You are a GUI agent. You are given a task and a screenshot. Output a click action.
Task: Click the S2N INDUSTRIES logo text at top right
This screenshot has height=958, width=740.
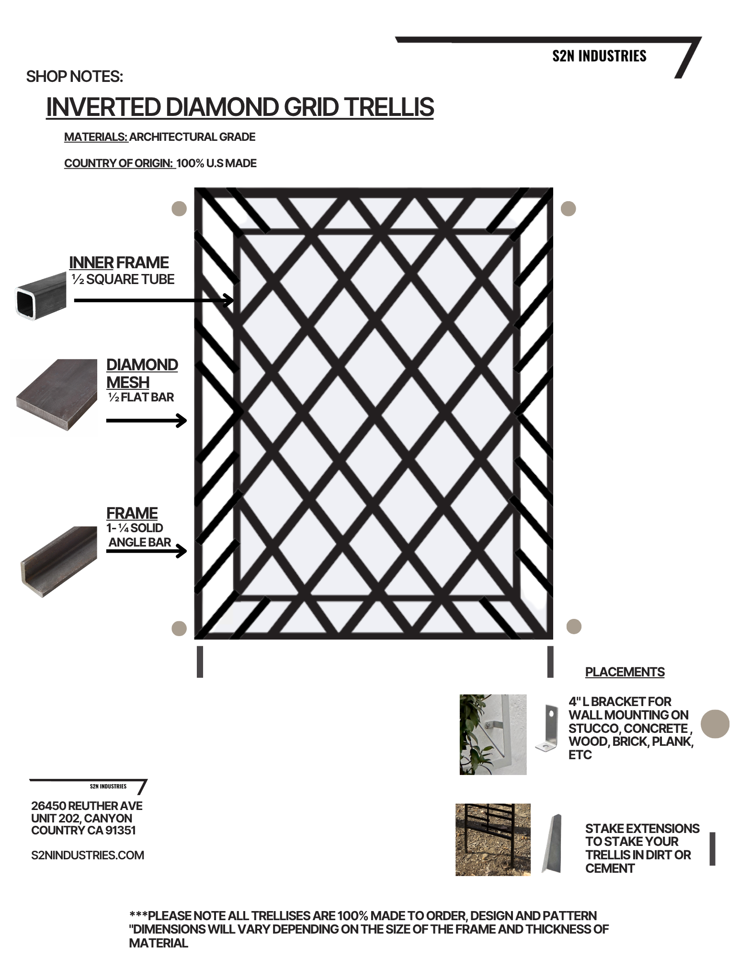599,56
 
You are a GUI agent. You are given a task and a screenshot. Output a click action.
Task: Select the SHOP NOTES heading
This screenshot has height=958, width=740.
75,77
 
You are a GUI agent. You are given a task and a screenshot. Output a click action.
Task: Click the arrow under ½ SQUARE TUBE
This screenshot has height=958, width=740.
154,300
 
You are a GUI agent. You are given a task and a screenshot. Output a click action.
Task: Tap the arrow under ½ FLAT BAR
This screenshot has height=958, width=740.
146,421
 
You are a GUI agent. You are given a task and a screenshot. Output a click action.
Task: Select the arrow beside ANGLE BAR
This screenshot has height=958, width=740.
146,551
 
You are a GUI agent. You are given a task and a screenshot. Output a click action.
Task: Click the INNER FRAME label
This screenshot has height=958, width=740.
119,262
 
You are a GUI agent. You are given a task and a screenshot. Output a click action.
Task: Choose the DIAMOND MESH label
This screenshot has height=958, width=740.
142,374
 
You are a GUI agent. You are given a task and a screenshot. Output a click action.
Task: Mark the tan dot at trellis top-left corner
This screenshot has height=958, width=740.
179,209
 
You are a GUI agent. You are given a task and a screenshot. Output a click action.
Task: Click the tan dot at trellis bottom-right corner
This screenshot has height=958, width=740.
574,626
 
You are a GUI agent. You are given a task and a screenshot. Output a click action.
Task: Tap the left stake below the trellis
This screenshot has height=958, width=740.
200,661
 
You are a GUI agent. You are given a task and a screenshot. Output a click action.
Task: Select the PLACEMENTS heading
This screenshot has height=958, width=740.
625,672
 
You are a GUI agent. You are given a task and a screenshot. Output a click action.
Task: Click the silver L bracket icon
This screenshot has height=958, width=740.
547,728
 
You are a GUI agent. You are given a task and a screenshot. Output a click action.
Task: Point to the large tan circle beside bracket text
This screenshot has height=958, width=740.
715,723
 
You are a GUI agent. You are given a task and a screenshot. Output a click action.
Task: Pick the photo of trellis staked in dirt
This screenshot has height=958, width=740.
493,840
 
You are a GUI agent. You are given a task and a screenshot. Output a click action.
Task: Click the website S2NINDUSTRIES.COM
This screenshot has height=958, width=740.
88,855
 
